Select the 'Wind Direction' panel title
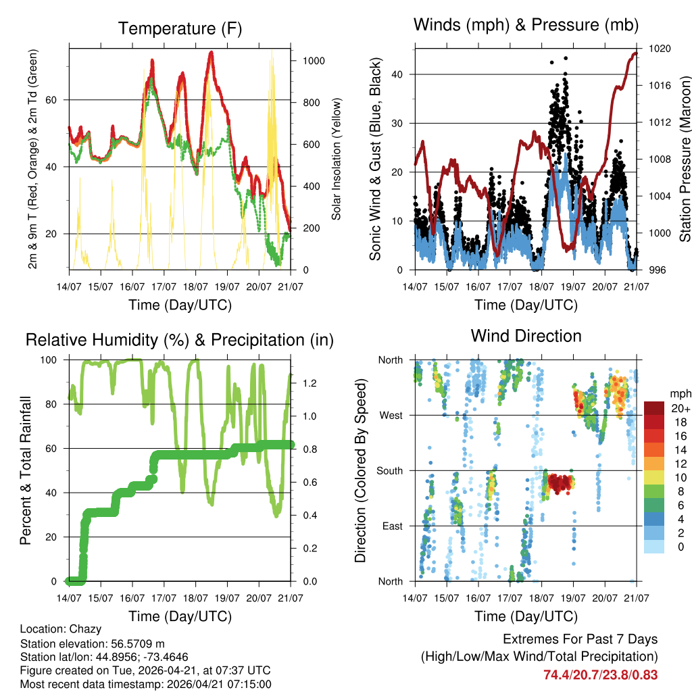(x=526, y=335)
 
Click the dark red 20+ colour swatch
(x=656, y=408)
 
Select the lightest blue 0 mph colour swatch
(x=656, y=547)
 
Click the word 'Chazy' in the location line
(x=87, y=628)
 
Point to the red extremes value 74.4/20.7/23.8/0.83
(x=600, y=674)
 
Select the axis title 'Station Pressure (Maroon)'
(x=684, y=159)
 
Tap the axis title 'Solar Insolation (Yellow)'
(x=337, y=159)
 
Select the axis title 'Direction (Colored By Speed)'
(x=361, y=470)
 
